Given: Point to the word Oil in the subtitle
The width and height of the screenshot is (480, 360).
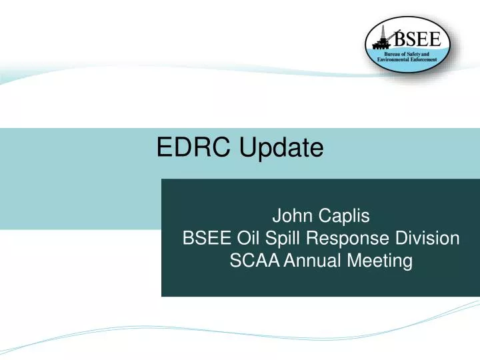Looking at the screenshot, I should point(248,239).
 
